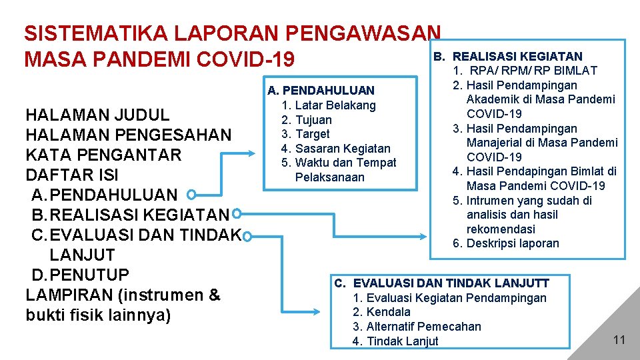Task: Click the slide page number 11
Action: click(619, 340)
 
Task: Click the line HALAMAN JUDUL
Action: click(97, 115)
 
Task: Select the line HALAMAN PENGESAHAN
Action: click(128, 135)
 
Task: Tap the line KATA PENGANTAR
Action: click(103, 155)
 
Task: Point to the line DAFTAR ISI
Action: click(72, 175)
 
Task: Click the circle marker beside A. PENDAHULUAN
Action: click(191, 195)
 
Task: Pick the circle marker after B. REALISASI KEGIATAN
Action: click(237, 214)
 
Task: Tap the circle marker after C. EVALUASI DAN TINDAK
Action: click(247, 237)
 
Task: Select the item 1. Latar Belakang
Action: click(329, 105)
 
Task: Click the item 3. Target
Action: click(305, 134)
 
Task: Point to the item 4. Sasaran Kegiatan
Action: click(336, 149)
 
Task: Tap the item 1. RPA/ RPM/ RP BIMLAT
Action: click(525, 71)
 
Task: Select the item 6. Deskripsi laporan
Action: click(506, 243)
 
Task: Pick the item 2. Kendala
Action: click(381, 312)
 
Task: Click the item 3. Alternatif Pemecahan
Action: click(417, 327)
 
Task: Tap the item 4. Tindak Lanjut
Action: click(395, 341)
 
